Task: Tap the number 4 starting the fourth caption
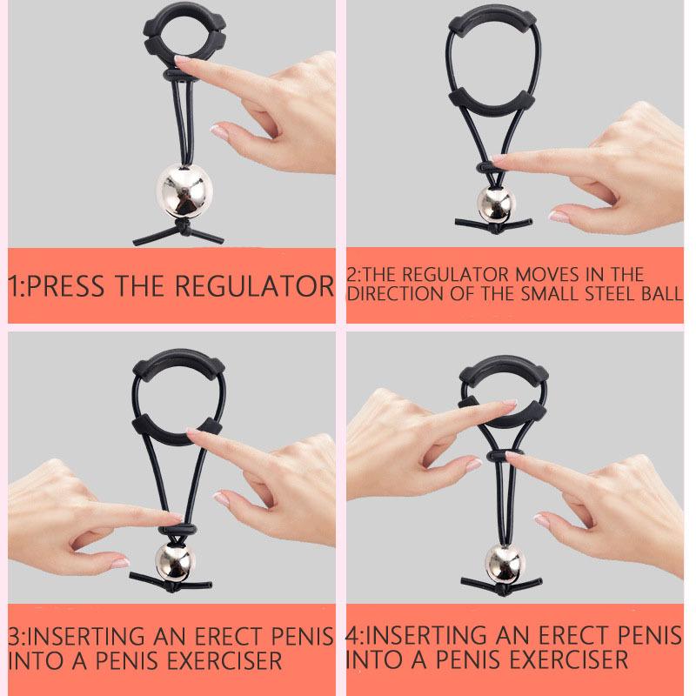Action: [353, 636]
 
